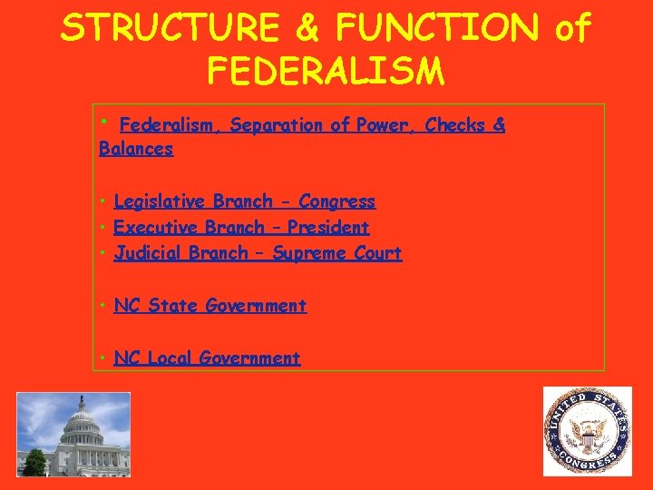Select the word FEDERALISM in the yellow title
coord(326,70)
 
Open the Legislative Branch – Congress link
coord(244,201)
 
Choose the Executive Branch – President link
coord(241,227)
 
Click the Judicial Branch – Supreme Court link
coord(258,253)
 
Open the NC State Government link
coord(210,306)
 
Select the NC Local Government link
coord(207,358)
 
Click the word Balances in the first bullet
coord(136,149)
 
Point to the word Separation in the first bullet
coord(278,125)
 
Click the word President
coord(328,227)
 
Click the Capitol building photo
coord(73,434)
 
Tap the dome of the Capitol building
coord(82,415)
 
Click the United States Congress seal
coord(587,431)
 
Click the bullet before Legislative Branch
coord(104,201)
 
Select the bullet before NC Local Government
coord(104,358)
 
